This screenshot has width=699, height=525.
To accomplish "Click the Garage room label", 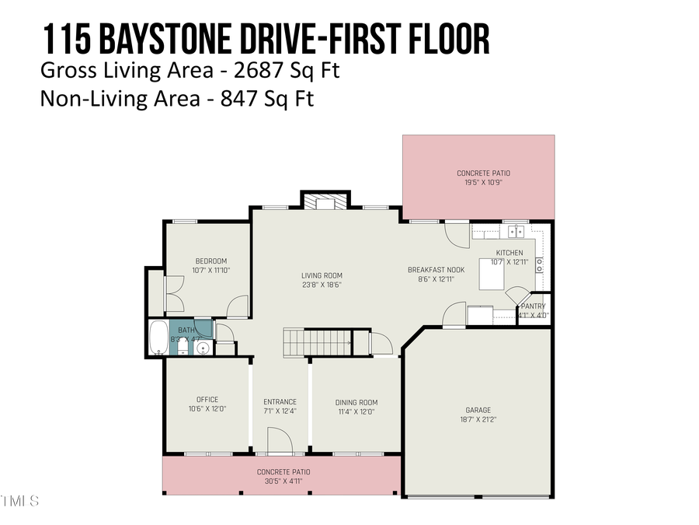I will tap(478, 410).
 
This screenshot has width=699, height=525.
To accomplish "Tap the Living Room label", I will tap(322, 275).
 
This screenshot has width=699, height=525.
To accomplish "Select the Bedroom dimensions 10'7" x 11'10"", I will tap(211, 271).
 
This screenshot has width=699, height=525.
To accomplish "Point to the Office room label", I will tap(207, 400).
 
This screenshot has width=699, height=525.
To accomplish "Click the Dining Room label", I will tap(356, 402).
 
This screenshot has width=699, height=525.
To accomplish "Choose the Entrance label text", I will tap(280, 402).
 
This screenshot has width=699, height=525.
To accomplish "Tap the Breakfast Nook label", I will tap(435, 270).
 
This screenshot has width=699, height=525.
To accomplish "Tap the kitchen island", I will tap(491, 274).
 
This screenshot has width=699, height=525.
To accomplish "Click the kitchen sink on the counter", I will tap(516, 231).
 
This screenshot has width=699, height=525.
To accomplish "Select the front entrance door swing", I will tap(279, 443).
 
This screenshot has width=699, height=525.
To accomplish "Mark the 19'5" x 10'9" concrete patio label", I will tap(484, 173).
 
